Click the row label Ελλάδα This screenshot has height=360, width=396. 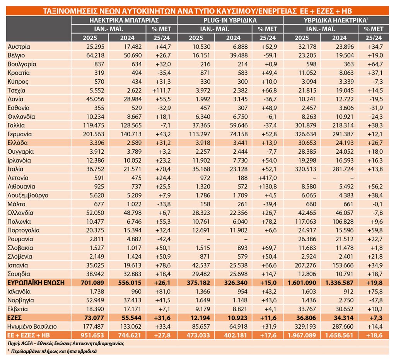click(x=18, y=143)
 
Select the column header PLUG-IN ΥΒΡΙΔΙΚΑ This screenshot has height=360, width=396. click(x=230, y=20)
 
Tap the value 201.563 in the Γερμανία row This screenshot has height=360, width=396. click(x=94, y=134)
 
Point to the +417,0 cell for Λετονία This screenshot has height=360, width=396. click(x=268, y=178)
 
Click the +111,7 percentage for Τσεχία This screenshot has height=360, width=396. click(x=162, y=90)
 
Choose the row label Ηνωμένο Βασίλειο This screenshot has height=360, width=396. click(x=32, y=326)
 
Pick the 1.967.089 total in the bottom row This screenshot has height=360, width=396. click(x=302, y=335)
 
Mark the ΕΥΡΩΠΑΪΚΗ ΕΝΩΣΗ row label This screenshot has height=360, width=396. click(x=36, y=283)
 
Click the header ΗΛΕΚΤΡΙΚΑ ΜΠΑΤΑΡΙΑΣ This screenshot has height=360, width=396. click(x=124, y=20)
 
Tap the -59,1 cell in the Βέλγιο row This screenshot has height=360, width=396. click(x=270, y=55)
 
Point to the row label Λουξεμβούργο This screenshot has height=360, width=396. click(x=28, y=195)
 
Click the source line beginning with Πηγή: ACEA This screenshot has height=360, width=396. click(x=66, y=343)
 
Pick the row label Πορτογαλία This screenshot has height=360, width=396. click(x=24, y=230)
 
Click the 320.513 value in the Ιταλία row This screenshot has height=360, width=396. click(x=306, y=169)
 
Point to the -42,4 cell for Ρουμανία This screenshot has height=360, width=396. click(x=164, y=239)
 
